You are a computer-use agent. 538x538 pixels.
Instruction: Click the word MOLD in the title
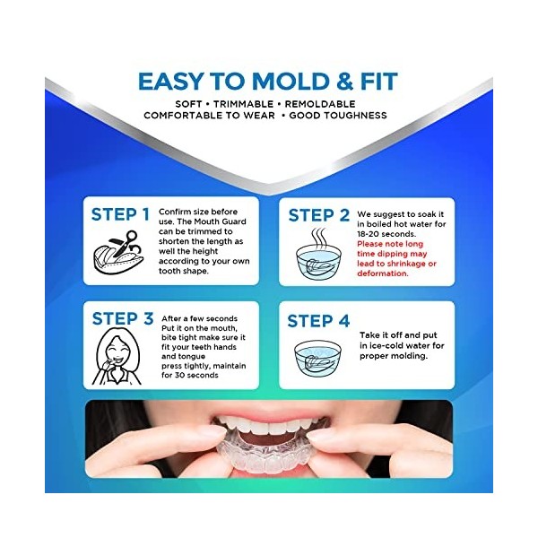[291, 82]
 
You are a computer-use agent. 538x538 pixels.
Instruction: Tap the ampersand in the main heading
[344, 82]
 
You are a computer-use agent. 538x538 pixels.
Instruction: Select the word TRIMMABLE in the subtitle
[244, 104]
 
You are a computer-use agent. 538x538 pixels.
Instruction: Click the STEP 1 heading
[120, 215]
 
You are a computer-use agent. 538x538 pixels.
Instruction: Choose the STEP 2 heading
[318, 215]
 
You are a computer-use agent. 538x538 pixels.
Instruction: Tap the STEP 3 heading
[123, 318]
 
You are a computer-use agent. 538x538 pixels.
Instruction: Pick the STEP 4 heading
[318, 321]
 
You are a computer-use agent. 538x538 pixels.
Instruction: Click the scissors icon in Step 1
[126, 243]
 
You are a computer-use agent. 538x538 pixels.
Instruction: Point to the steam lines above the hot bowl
[318, 237]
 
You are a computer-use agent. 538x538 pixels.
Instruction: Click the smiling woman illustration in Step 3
[117, 357]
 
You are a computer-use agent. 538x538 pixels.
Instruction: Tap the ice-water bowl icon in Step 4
[317, 358]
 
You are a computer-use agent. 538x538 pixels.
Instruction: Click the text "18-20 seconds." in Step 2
[386, 234]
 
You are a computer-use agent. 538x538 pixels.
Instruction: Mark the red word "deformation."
[383, 273]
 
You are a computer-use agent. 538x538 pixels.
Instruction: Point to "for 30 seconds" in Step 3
[190, 375]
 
